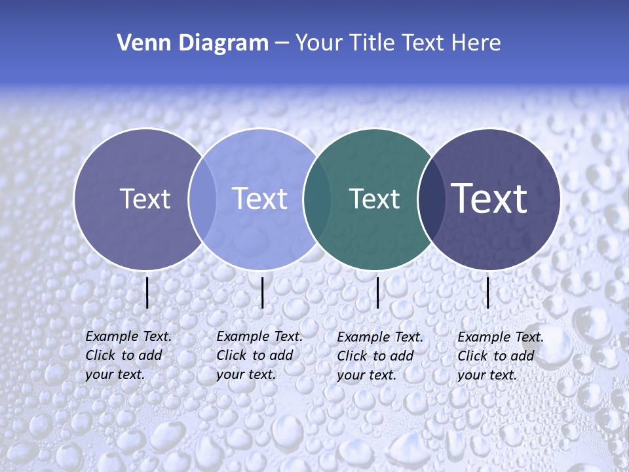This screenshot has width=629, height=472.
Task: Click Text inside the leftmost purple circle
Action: (x=145, y=199)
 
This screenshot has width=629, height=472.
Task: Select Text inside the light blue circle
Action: (x=259, y=199)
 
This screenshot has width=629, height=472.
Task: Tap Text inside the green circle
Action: (x=374, y=199)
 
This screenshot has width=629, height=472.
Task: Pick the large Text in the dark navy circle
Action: (x=489, y=198)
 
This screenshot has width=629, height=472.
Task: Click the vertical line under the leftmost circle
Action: (x=147, y=292)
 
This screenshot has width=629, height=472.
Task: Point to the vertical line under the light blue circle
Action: (x=262, y=292)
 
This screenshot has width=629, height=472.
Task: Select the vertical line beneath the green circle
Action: (x=377, y=292)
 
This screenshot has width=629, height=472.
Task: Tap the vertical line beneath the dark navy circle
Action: (x=487, y=292)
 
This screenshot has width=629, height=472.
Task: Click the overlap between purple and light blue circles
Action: (x=202, y=199)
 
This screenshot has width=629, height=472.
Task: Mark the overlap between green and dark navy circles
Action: (x=432, y=199)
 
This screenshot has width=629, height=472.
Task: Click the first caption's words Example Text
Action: (x=128, y=336)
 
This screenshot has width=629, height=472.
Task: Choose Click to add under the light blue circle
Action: (x=254, y=355)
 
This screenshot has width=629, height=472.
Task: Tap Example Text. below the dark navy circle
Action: (x=501, y=337)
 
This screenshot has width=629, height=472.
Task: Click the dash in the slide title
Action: (x=282, y=43)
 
